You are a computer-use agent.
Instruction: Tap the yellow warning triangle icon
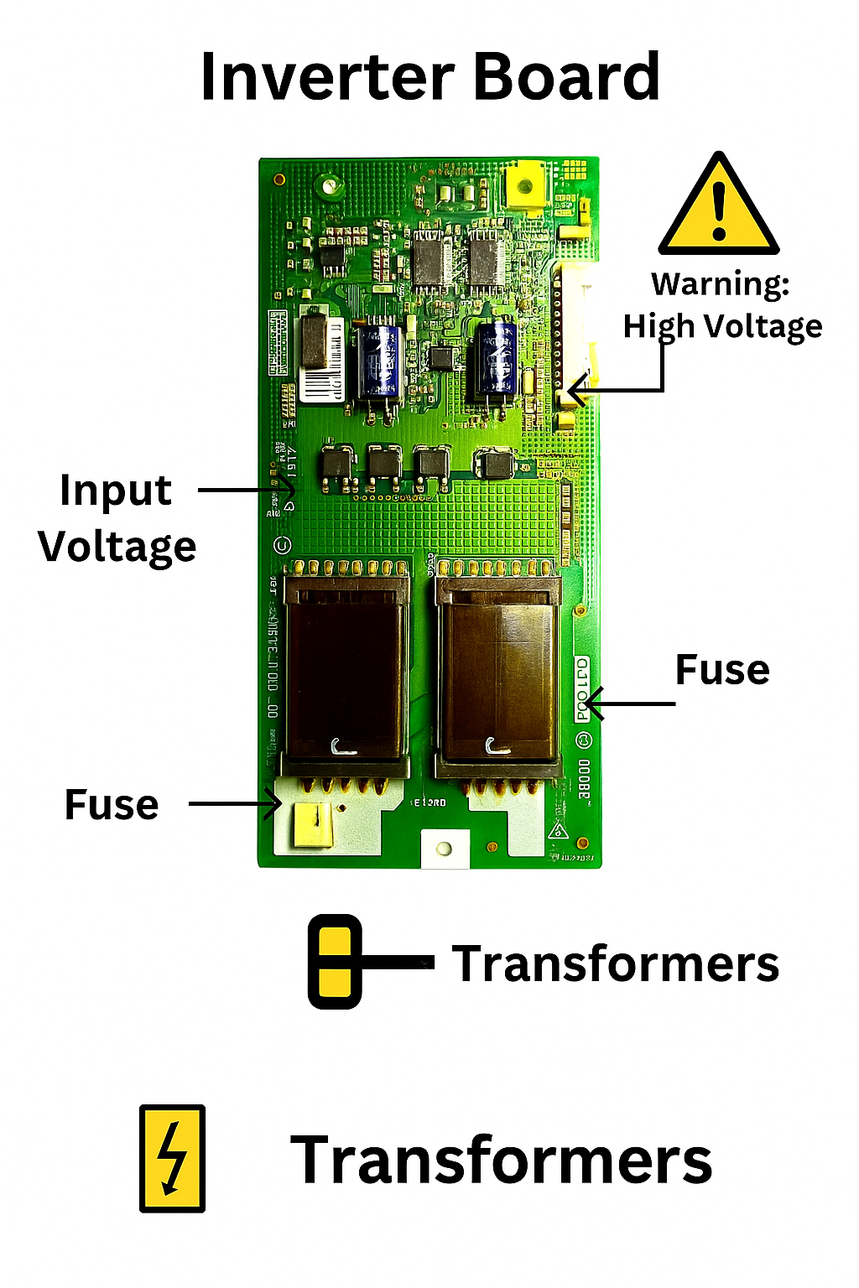[719, 206]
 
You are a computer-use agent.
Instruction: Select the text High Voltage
[722, 326]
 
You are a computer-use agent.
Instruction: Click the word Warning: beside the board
[721, 284]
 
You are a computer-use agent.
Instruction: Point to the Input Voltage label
[117, 518]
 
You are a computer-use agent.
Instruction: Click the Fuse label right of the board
[722, 670]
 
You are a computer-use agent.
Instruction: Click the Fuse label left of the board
[112, 805]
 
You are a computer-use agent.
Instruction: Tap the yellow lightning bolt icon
[172, 1158]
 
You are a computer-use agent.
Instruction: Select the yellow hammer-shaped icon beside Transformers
[336, 961]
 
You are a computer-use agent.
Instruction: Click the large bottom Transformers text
[501, 1161]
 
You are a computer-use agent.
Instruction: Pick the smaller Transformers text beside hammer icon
[616, 963]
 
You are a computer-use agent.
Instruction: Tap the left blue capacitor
[378, 362]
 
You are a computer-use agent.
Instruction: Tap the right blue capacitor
[494, 359]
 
